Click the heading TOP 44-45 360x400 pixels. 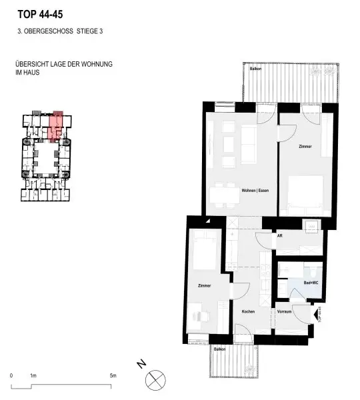41,13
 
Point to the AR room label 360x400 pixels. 279,234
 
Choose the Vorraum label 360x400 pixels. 284,311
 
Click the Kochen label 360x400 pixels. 249,311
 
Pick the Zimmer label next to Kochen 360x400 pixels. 204,286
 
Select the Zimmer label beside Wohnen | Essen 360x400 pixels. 305,146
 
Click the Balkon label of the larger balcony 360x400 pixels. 255,69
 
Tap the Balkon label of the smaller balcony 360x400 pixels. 219,349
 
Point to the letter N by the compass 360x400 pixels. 141,365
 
